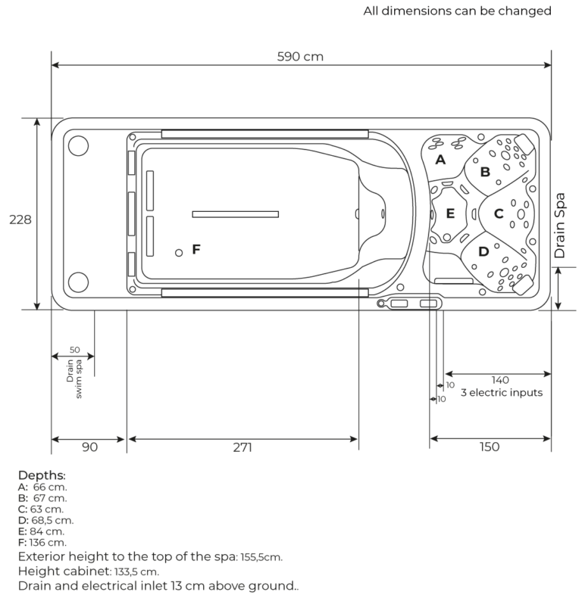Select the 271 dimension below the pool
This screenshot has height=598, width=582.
coord(242,447)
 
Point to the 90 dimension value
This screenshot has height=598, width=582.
coord(89,447)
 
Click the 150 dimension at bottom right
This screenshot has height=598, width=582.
coord(490,447)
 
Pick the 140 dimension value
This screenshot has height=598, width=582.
coord(499,380)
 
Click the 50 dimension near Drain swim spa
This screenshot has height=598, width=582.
coord(74,350)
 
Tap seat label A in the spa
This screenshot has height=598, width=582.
coord(440,160)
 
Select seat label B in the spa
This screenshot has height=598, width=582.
coord(485,172)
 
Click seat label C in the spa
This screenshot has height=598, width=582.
coord(499,214)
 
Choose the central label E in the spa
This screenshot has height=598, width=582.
coord(450,213)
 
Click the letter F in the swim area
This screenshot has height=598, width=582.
coord(196,248)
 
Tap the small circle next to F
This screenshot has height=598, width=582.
coord(179,253)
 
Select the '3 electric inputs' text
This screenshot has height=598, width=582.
coord(501,393)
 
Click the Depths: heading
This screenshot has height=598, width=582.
coord(42,475)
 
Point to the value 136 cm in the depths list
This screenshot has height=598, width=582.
coord(51,542)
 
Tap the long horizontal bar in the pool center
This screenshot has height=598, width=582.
coord(236,214)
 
